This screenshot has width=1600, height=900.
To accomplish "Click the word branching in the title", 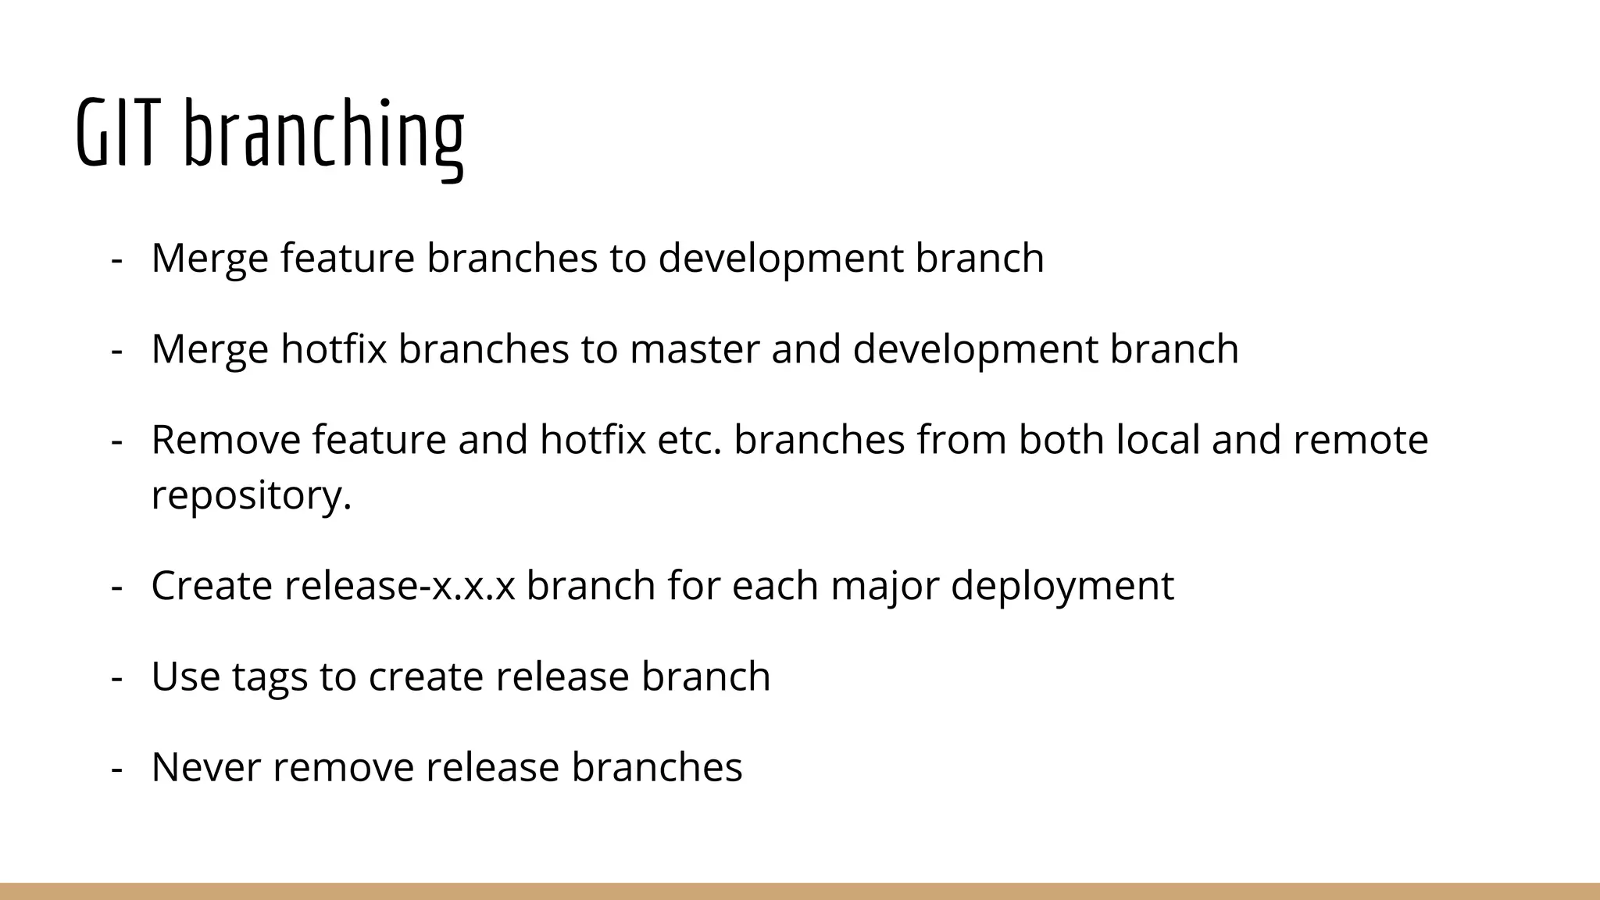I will click(323, 134).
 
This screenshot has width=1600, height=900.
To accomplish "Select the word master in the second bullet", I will click(694, 349).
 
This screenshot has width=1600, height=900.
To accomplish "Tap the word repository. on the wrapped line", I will click(251, 495).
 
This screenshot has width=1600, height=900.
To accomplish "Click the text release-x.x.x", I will click(399, 586).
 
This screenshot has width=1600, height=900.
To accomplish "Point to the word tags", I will click(270, 677).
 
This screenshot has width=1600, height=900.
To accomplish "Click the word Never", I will click(205, 767).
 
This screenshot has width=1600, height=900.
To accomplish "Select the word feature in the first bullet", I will click(347, 259).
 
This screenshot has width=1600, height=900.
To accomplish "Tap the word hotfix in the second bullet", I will click(334, 349).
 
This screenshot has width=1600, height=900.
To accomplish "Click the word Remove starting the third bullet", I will click(225, 440).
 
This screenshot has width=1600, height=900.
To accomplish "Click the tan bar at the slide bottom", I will click(800, 891).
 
